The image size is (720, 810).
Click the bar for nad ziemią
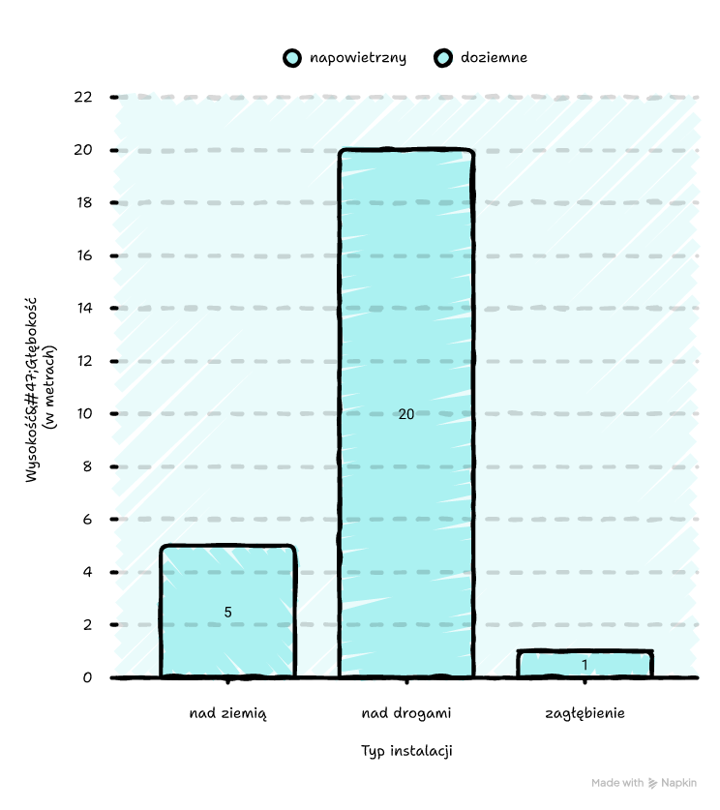pyautogui.click(x=227, y=610)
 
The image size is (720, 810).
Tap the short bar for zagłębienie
pyautogui.click(x=585, y=664)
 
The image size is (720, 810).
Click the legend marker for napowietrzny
pyautogui.click(x=291, y=58)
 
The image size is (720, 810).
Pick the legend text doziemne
pyautogui.click(x=494, y=58)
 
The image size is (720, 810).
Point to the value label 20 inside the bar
pyautogui.click(x=406, y=414)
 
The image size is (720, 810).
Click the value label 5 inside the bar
pyautogui.click(x=228, y=612)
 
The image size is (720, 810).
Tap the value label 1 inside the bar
pyautogui.click(x=585, y=665)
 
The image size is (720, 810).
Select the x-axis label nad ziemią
pyautogui.click(x=227, y=714)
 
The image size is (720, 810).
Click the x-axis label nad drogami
pyautogui.click(x=406, y=714)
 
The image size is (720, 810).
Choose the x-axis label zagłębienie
pyautogui.click(x=585, y=714)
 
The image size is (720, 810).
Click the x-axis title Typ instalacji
pyautogui.click(x=406, y=751)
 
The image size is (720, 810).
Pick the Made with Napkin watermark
pyautogui.click(x=644, y=783)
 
